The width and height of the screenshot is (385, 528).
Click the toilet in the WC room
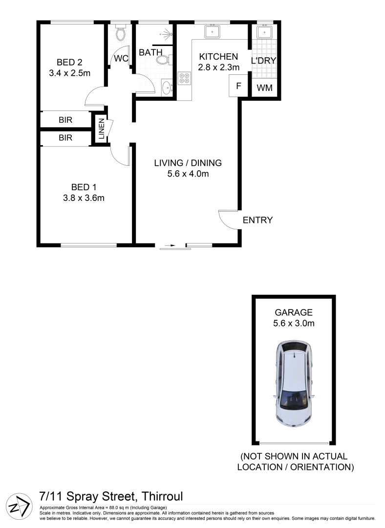[x=120, y=34]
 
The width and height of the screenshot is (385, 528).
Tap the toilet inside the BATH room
[x=163, y=60]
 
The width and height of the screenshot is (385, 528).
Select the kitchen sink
[x=213, y=32]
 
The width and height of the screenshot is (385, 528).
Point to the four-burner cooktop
[x=185, y=79]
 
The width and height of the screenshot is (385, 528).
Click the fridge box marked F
[x=238, y=87]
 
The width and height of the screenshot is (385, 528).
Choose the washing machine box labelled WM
[x=264, y=88]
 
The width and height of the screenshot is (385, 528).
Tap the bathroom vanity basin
[x=167, y=88]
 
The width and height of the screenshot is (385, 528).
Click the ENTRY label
[x=257, y=220]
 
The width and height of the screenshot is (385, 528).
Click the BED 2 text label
[x=69, y=62]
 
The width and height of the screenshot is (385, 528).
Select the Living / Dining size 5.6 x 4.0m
[x=188, y=174]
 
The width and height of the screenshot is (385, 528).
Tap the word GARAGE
[x=293, y=313]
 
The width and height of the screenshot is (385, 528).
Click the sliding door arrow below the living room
[x=170, y=245]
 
